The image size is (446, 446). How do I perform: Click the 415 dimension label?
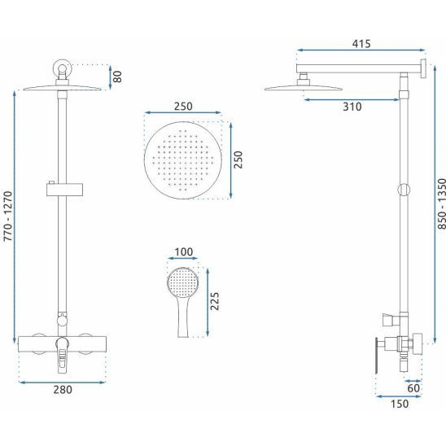[x=361, y=44]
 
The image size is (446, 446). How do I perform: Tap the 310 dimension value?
[x=352, y=107]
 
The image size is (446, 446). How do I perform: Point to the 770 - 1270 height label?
[x=8, y=216]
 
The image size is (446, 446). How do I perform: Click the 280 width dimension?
[x=63, y=389]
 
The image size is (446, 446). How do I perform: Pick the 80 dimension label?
[x=117, y=77]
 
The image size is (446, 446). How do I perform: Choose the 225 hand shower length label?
[x=215, y=301]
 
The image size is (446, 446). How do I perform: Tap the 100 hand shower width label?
[x=183, y=252]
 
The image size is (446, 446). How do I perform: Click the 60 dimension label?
[x=413, y=388]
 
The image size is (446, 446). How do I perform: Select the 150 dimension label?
[x=400, y=404]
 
